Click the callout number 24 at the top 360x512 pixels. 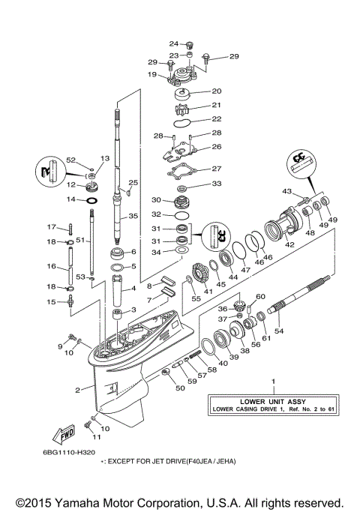(173, 43)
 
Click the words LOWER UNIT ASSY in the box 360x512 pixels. (272, 400)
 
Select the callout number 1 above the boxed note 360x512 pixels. (273, 382)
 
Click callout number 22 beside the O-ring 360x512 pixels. (217, 118)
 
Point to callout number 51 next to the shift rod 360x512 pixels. (78, 240)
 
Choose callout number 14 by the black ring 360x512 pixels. (70, 200)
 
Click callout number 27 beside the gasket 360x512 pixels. (216, 169)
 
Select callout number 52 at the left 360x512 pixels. (71, 160)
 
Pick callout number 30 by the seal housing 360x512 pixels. (156, 200)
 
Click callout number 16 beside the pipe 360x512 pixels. (52, 266)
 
